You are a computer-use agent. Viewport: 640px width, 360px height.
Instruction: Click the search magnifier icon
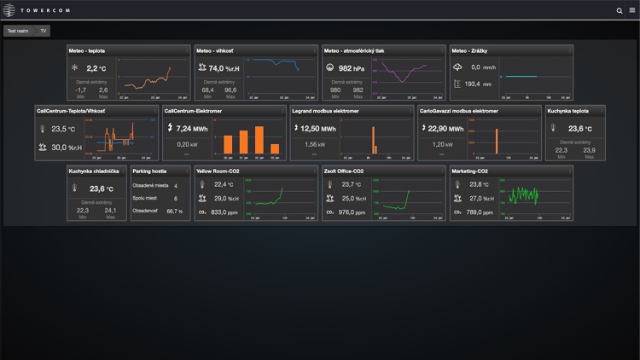pyautogui.click(x=620, y=10)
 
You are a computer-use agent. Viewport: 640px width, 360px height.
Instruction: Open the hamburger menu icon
pyautogui.click(x=631, y=10)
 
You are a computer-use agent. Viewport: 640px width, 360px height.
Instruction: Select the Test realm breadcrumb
pyautogui.click(x=18, y=31)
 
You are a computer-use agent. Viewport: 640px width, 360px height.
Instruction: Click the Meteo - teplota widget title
pyautogui.click(x=87, y=50)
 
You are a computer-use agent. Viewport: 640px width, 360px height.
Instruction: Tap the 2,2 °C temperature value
pyautogui.click(x=96, y=68)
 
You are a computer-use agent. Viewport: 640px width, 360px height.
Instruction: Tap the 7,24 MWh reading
pyautogui.click(x=193, y=129)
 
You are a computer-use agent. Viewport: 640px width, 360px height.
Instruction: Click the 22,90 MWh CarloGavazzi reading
pyautogui.click(x=445, y=129)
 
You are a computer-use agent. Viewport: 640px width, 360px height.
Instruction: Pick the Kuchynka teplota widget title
pyautogui.click(x=568, y=111)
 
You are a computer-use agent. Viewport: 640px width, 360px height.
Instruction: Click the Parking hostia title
pyautogui.click(x=149, y=171)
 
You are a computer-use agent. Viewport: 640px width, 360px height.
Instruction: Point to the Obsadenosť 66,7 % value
pyautogui.click(x=174, y=211)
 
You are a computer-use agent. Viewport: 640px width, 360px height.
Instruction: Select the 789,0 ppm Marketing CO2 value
pyautogui.click(x=481, y=212)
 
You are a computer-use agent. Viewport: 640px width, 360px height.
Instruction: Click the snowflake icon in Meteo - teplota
pyautogui.click(x=75, y=67)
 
